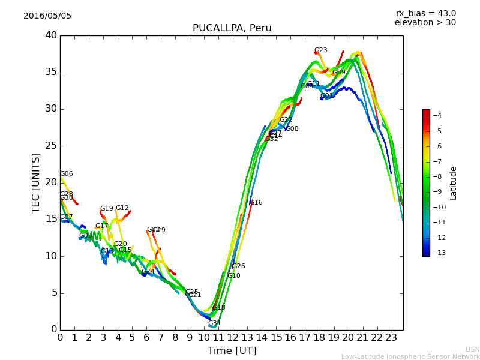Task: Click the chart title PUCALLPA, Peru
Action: [232, 28]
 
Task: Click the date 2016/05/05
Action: [47, 16]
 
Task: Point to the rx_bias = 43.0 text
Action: [425, 14]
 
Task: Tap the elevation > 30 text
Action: [425, 23]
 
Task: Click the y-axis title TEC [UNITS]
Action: [36, 182]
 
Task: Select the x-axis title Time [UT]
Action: [232, 351]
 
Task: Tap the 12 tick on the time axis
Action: [233, 337]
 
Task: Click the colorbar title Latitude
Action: [454, 183]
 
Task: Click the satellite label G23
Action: [320, 50]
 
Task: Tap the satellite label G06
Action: [66, 174]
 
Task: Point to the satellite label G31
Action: [214, 323]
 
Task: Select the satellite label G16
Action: [256, 203]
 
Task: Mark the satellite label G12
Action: [122, 208]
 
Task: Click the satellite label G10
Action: [233, 276]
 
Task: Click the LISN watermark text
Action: [472, 349]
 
